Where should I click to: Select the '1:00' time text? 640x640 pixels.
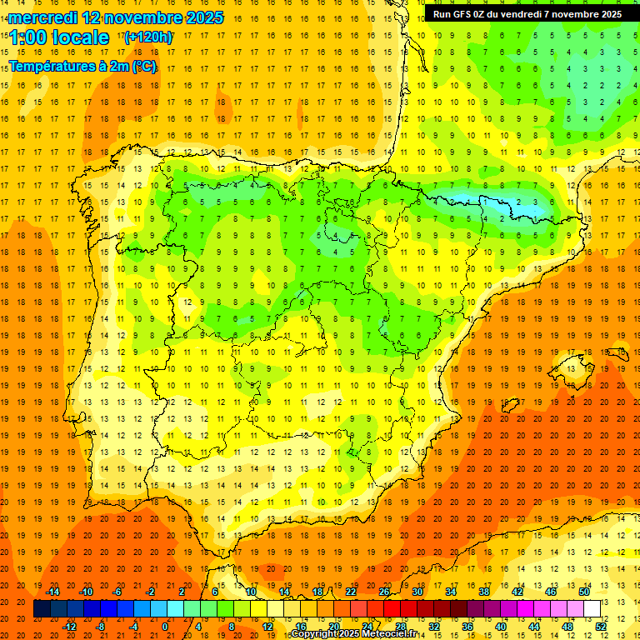[x=27, y=38]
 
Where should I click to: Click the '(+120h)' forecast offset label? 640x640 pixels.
[x=148, y=37]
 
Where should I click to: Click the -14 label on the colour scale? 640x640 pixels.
[x=53, y=592]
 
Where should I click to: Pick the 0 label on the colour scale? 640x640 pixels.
[x=165, y=626]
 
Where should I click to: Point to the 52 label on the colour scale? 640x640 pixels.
[x=601, y=626]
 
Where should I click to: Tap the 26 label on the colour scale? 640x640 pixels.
[x=384, y=592]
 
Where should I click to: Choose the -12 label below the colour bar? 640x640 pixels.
[x=70, y=626]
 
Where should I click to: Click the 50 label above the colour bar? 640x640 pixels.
[x=584, y=592]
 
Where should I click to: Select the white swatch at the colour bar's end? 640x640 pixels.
[x=592, y=609]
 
